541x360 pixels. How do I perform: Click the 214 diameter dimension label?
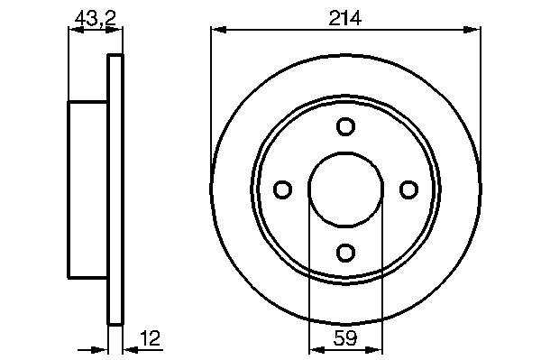click(x=344, y=18)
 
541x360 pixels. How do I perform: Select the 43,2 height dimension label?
click(x=96, y=18)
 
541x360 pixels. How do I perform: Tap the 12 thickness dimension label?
click(x=151, y=338)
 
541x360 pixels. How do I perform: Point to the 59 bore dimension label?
click(x=345, y=338)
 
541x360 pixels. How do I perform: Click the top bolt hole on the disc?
click(x=345, y=126)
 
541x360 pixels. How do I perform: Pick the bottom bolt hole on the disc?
click(x=345, y=253)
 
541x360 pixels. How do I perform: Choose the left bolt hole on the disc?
click(x=282, y=189)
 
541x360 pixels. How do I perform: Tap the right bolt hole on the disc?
click(x=408, y=189)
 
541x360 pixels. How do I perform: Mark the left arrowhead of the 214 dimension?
click(x=218, y=30)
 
